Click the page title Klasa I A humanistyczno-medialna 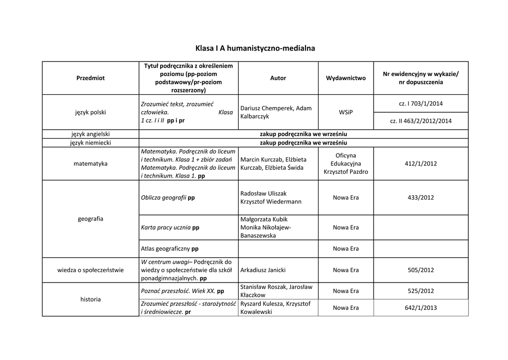point(255,48)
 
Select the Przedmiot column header point(90,78)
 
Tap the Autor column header point(278,78)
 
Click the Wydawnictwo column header point(346,78)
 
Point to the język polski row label point(90,112)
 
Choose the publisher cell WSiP point(346,112)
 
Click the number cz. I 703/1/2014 point(421,103)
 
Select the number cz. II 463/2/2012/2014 point(421,121)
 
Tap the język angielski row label point(90,134)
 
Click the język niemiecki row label point(90,143)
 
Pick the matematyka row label point(90,163)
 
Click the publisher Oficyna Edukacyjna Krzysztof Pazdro point(346,163)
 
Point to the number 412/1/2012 point(421,163)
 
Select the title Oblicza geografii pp point(168,198)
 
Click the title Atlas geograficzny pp point(170,248)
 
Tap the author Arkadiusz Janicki point(262,270)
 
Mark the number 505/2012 point(421,270)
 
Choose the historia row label point(90,299)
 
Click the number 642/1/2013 point(421,308)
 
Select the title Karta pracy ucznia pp point(170,227)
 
